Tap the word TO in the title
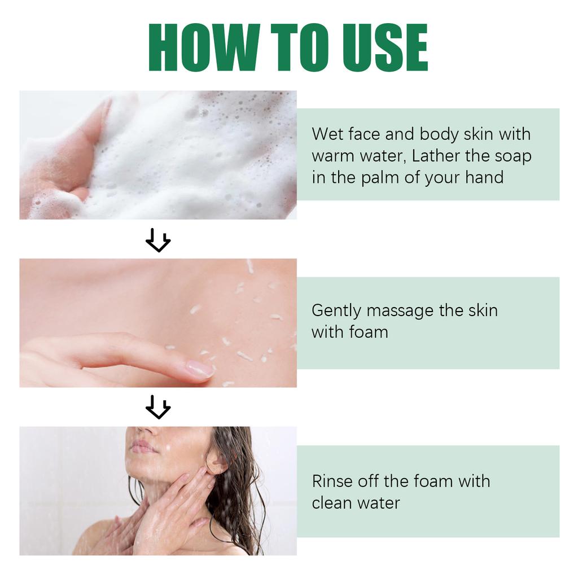tap(299, 48)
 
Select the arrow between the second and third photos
tap(158, 407)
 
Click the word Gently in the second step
tap(335, 311)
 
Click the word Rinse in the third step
tap(331, 481)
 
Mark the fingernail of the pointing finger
tap(200, 369)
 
